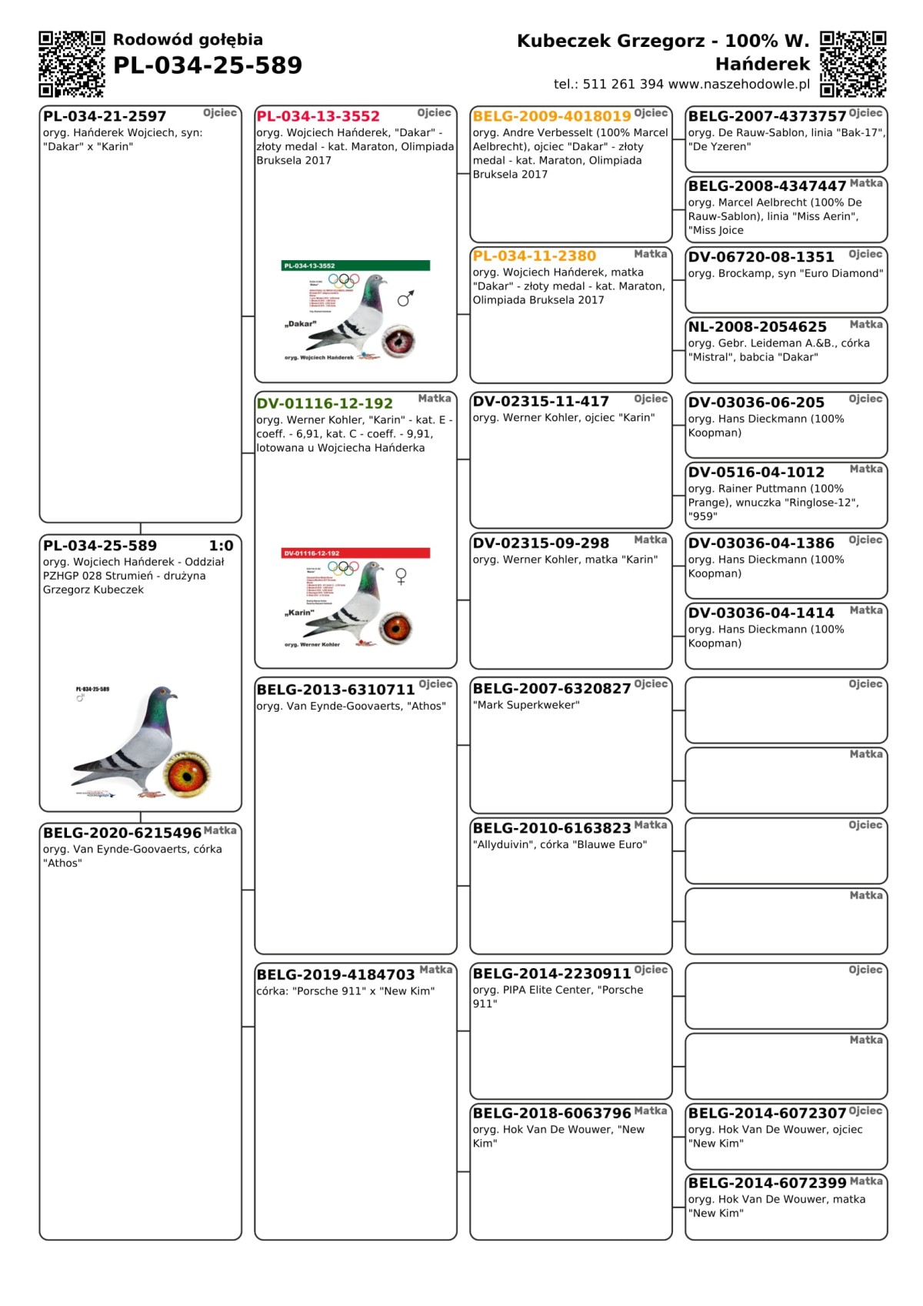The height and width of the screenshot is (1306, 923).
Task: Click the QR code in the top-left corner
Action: click(72, 64)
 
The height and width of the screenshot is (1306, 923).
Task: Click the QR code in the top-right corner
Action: click(853, 64)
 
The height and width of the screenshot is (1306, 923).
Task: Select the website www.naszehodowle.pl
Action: click(739, 85)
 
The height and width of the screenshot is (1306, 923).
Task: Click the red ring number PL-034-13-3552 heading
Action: click(318, 117)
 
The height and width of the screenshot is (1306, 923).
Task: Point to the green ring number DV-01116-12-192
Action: click(325, 404)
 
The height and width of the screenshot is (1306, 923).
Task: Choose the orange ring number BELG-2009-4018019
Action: click(551, 117)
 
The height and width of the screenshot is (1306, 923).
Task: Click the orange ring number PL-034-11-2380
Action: click(535, 256)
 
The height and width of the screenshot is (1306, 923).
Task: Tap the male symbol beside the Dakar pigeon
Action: click(406, 298)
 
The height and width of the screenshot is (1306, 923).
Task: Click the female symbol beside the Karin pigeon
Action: click(401, 576)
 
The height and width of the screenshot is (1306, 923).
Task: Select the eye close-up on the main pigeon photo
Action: click(187, 773)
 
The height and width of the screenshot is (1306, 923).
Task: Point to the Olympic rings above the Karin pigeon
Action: click(343, 568)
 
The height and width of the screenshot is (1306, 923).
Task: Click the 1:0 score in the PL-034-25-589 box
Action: click(221, 546)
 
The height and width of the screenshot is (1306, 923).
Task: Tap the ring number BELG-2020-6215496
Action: click(122, 833)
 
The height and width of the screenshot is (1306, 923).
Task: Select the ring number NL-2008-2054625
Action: click(758, 327)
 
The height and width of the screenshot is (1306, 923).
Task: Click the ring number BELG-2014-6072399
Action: click(767, 1183)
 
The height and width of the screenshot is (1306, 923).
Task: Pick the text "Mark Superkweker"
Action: click(526, 705)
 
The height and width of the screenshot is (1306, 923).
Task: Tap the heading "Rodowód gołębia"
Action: click(188, 40)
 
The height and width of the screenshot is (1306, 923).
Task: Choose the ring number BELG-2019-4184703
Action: click(335, 975)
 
